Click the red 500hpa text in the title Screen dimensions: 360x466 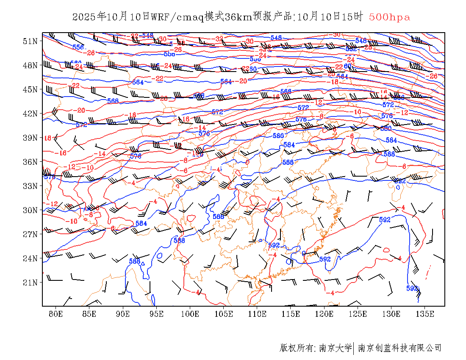pyautogui.click(x=389, y=17)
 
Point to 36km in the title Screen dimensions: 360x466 pyautogui.click(x=236, y=17)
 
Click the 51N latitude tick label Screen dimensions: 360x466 pyautogui.click(x=30, y=41)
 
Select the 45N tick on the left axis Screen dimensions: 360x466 pyautogui.click(x=30, y=89)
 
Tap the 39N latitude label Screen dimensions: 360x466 pyautogui.click(x=30, y=138)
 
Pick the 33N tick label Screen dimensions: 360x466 pyautogui.click(x=30, y=186)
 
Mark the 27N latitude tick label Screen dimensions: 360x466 pyautogui.click(x=30, y=234)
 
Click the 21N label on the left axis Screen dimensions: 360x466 pyautogui.click(x=30, y=282)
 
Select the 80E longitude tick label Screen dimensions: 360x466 pyautogui.click(x=56, y=314)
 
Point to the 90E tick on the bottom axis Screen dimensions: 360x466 pyautogui.click(x=123, y=314)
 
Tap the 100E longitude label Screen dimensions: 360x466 pyautogui.click(x=190, y=314)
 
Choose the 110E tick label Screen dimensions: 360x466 pyautogui.click(x=257, y=314)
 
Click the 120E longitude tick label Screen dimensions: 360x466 pyautogui.click(x=325, y=314)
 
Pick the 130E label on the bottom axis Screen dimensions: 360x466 pyautogui.click(x=391, y=314)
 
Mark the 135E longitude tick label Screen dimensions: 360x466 pyautogui.click(x=425, y=314)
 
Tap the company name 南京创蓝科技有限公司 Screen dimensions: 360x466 pyautogui.click(x=399, y=348)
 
